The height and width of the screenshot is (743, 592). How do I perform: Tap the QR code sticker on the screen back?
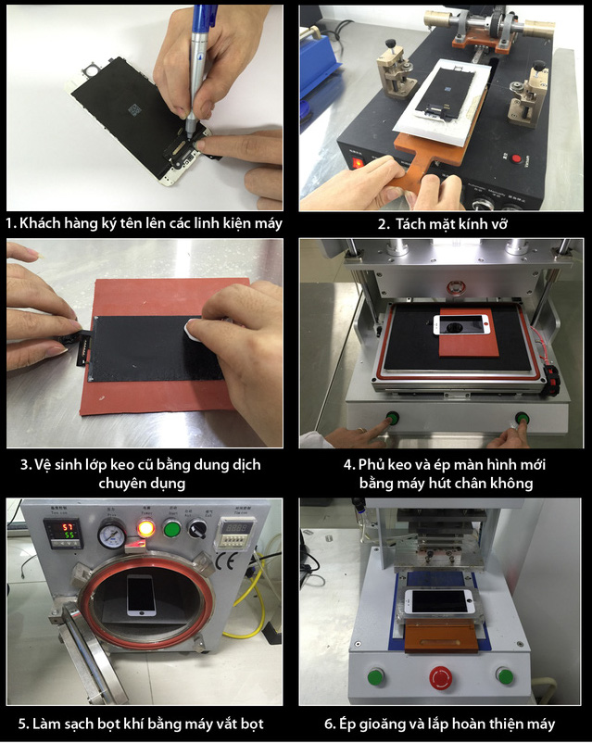pyautogui.click(x=135, y=110)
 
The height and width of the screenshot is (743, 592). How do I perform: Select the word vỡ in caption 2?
pyautogui.click(x=498, y=223)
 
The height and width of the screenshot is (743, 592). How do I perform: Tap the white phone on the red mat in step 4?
pyautogui.click(x=462, y=325)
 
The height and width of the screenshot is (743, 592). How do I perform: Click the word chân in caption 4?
pyautogui.click(x=471, y=483)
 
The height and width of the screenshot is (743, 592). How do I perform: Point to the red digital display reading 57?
pyautogui.click(x=69, y=526)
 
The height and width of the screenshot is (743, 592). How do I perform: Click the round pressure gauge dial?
pyautogui.click(x=112, y=535)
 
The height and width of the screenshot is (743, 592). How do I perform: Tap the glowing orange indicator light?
pyautogui.click(x=145, y=528)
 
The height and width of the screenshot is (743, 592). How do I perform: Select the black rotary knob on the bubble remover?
pyautogui.click(x=197, y=528)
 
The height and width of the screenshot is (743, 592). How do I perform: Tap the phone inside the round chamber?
pyautogui.click(x=141, y=595)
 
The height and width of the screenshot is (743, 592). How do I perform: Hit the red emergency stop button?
pyautogui.click(x=441, y=677)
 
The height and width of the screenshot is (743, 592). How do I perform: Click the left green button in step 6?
pyautogui.click(x=376, y=676)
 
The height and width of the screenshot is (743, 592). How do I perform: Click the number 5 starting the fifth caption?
pyautogui.click(x=22, y=724)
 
